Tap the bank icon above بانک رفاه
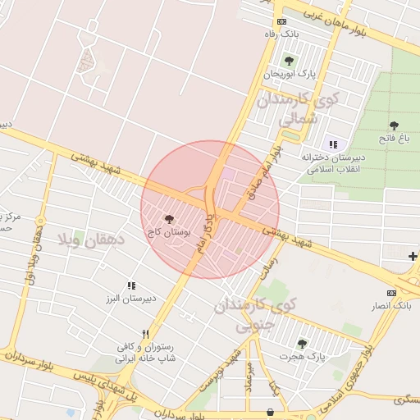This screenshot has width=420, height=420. point(282,21)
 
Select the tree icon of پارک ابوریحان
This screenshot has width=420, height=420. point(289,60)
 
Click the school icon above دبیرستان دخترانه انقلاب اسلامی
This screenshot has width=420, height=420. point(333,144)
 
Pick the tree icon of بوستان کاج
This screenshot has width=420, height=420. point(169,220)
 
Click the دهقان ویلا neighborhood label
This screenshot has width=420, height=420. point(91,240)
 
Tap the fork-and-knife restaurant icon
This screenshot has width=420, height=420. point(145,334)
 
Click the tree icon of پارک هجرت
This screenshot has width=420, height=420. point(302,344)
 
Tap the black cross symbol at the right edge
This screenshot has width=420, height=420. point(413,257)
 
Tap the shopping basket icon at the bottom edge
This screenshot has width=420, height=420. point(271,413)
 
